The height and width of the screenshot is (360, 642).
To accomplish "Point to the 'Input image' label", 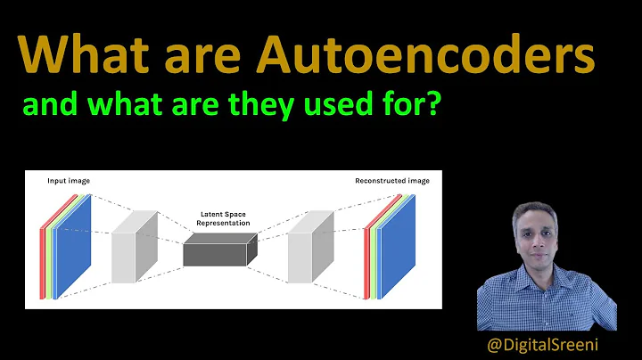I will (x=69, y=181).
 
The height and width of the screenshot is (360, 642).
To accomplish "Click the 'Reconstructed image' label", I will (x=391, y=181).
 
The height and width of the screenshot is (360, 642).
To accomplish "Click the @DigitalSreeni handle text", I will (x=544, y=342).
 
